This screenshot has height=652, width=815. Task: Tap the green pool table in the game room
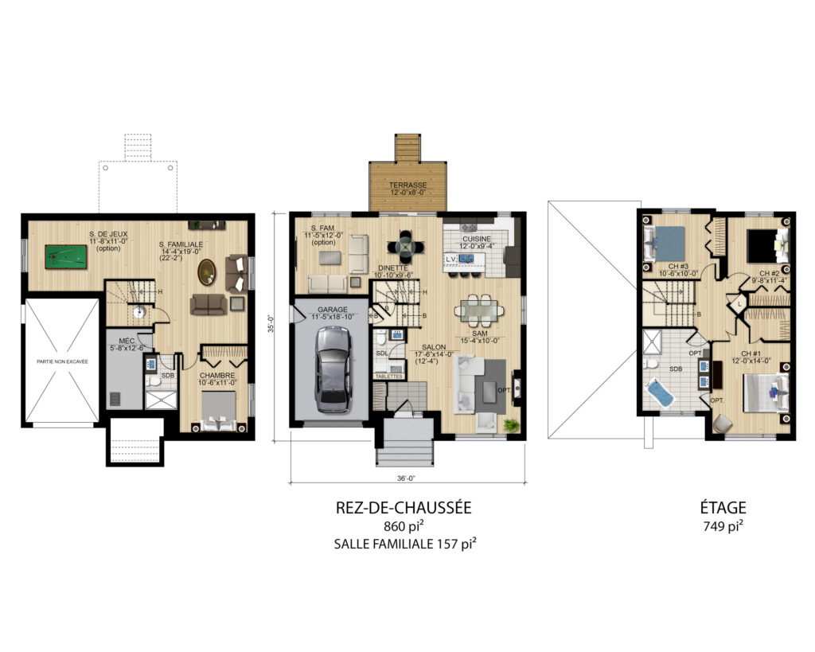63,257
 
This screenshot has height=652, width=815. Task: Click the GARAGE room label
332,310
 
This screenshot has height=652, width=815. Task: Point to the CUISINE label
476,239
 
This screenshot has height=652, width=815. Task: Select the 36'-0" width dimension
407,478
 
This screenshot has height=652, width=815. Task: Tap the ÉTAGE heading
724,507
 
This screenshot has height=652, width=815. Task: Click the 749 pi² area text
724,525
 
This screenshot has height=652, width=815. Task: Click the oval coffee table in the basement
208,271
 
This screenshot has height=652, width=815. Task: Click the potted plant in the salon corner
510,426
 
